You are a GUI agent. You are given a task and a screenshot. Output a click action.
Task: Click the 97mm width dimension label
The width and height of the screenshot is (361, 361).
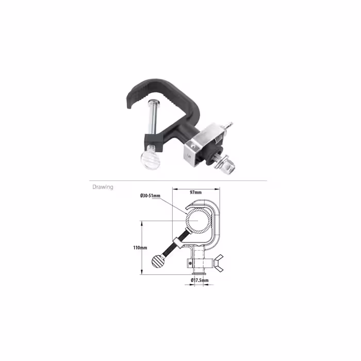(x=195, y=192)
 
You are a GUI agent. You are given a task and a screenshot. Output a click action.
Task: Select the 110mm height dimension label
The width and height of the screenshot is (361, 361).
(x=140, y=248)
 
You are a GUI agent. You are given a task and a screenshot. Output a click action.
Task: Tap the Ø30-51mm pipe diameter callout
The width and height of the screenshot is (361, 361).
(x=151, y=195)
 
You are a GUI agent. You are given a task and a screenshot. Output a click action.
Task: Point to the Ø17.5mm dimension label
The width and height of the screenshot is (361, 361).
(x=200, y=280)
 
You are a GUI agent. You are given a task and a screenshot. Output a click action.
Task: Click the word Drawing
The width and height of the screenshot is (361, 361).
(x=103, y=187)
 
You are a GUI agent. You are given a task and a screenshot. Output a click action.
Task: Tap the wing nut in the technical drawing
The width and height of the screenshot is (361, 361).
(x=219, y=263)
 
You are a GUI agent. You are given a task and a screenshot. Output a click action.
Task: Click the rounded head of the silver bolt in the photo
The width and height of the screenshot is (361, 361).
(x=153, y=101)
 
